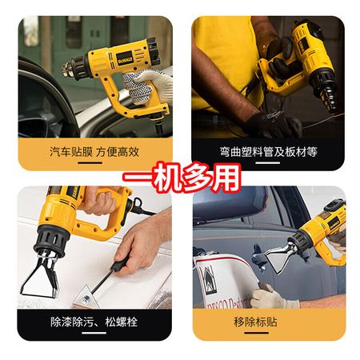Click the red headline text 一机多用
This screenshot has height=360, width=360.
[182, 177]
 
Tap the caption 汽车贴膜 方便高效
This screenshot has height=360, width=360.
[94, 152]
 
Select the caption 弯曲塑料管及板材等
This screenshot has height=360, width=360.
[269, 152]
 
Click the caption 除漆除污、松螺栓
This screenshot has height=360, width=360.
[94, 322]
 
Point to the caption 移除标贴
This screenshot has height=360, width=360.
[255, 322]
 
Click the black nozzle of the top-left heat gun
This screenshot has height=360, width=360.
[75, 68]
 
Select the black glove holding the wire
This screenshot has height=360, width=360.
[272, 124]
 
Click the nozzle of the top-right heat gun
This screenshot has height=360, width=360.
[326, 90]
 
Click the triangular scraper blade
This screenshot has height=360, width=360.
[86, 298]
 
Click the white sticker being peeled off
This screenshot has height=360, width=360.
[224, 282]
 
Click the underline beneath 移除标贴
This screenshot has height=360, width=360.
[256, 333]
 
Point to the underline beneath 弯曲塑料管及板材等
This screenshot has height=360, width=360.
[267, 162]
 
